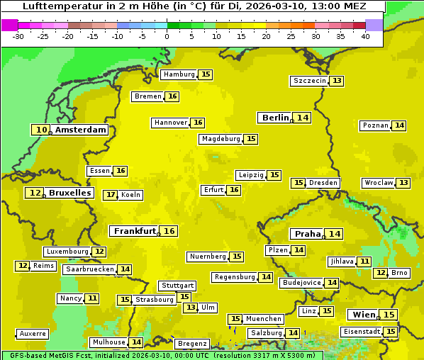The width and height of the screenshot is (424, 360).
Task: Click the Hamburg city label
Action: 179,74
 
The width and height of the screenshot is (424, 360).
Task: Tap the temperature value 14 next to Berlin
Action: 303,118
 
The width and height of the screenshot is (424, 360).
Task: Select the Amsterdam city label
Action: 81,130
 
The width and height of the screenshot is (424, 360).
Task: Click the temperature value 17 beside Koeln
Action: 110,195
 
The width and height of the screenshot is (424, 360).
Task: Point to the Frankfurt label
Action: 135,231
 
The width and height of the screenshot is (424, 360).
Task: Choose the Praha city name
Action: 308,234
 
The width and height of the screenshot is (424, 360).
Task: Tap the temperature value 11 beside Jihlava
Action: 364,261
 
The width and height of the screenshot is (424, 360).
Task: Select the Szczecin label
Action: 310,81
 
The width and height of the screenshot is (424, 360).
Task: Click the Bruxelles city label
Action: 69,193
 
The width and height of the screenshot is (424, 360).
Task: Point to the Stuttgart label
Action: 177,286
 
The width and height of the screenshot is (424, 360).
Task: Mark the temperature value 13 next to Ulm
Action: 190,308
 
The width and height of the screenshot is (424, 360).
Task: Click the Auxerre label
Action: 33,334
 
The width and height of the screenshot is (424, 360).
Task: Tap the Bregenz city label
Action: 192,344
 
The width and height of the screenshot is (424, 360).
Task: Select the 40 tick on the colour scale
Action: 365,36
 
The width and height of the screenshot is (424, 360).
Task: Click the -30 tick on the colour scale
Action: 18,36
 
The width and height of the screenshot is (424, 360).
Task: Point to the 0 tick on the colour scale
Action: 167,36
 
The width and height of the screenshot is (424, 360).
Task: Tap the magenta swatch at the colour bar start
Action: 10,25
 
